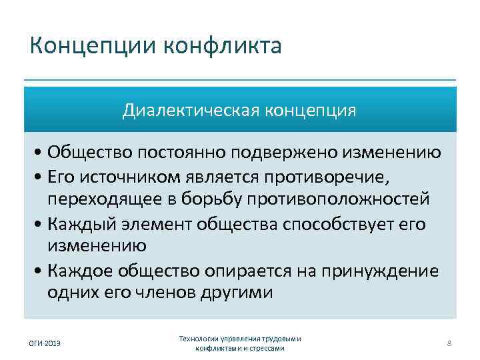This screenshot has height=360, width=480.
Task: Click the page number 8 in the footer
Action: pyautogui.click(x=449, y=343)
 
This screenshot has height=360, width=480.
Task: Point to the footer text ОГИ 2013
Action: pyautogui.click(x=44, y=343)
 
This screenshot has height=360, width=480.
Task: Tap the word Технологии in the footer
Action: pyautogui.click(x=200, y=339)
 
